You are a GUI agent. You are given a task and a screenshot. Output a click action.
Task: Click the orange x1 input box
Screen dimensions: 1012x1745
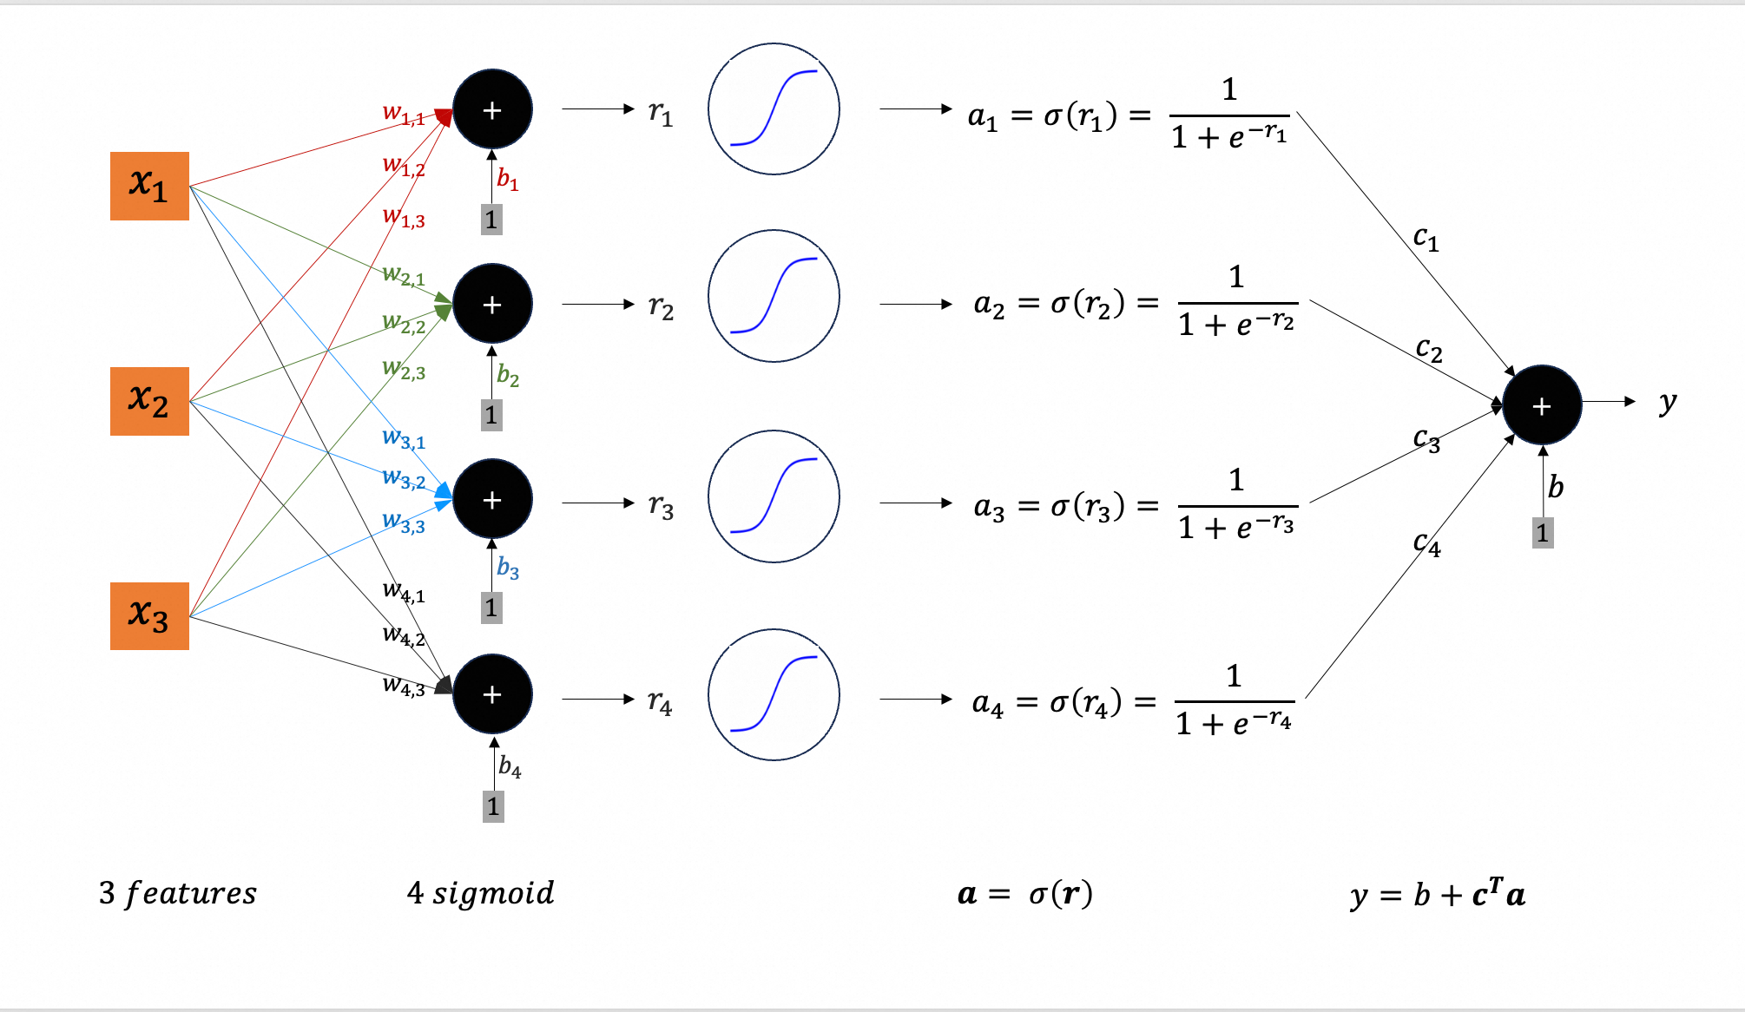pyautogui.click(x=149, y=186)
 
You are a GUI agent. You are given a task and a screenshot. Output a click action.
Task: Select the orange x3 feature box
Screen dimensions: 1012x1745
pyautogui.click(x=149, y=616)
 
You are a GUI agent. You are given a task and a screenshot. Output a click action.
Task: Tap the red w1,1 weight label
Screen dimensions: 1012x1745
pyautogui.click(x=404, y=114)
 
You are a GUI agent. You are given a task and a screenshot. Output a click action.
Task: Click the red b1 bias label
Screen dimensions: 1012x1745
pyautogui.click(x=507, y=180)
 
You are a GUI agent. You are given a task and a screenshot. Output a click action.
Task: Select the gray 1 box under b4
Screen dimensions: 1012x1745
pyautogui.click(x=493, y=806)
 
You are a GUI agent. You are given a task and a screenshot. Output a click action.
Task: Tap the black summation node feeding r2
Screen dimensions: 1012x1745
pyautogui.click(x=492, y=305)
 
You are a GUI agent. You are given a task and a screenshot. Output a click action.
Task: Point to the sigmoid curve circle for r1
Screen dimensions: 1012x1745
pyautogui.click(x=774, y=109)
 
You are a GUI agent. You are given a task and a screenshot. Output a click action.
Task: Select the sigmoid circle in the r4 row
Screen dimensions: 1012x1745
pyautogui.click(x=774, y=695)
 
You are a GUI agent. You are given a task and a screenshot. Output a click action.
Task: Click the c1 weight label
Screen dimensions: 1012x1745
pyautogui.click(x=1426, y=238)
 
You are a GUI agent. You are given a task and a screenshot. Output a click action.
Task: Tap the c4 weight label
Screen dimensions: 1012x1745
pyautogui.click(x=1426, y=544)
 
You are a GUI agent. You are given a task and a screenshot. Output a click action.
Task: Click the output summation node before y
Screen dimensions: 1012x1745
pyautogui.click(x=1542, y=405)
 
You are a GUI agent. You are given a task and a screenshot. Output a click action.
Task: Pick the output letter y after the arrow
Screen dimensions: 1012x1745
pyautogui.click(x=1667, y=403)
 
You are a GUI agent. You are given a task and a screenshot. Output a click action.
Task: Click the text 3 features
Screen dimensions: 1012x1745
pyautogui.click(x=178, y=893)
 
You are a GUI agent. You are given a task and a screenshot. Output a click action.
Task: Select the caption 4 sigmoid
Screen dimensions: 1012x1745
pyautogui.click(x=480, y=893)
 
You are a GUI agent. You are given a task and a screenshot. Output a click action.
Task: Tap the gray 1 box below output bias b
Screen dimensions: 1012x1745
pyautogui.click(x=1543, y=533)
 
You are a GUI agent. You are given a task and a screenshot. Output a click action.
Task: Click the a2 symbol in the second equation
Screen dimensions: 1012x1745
pyautogui.click(x=989, y=305)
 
